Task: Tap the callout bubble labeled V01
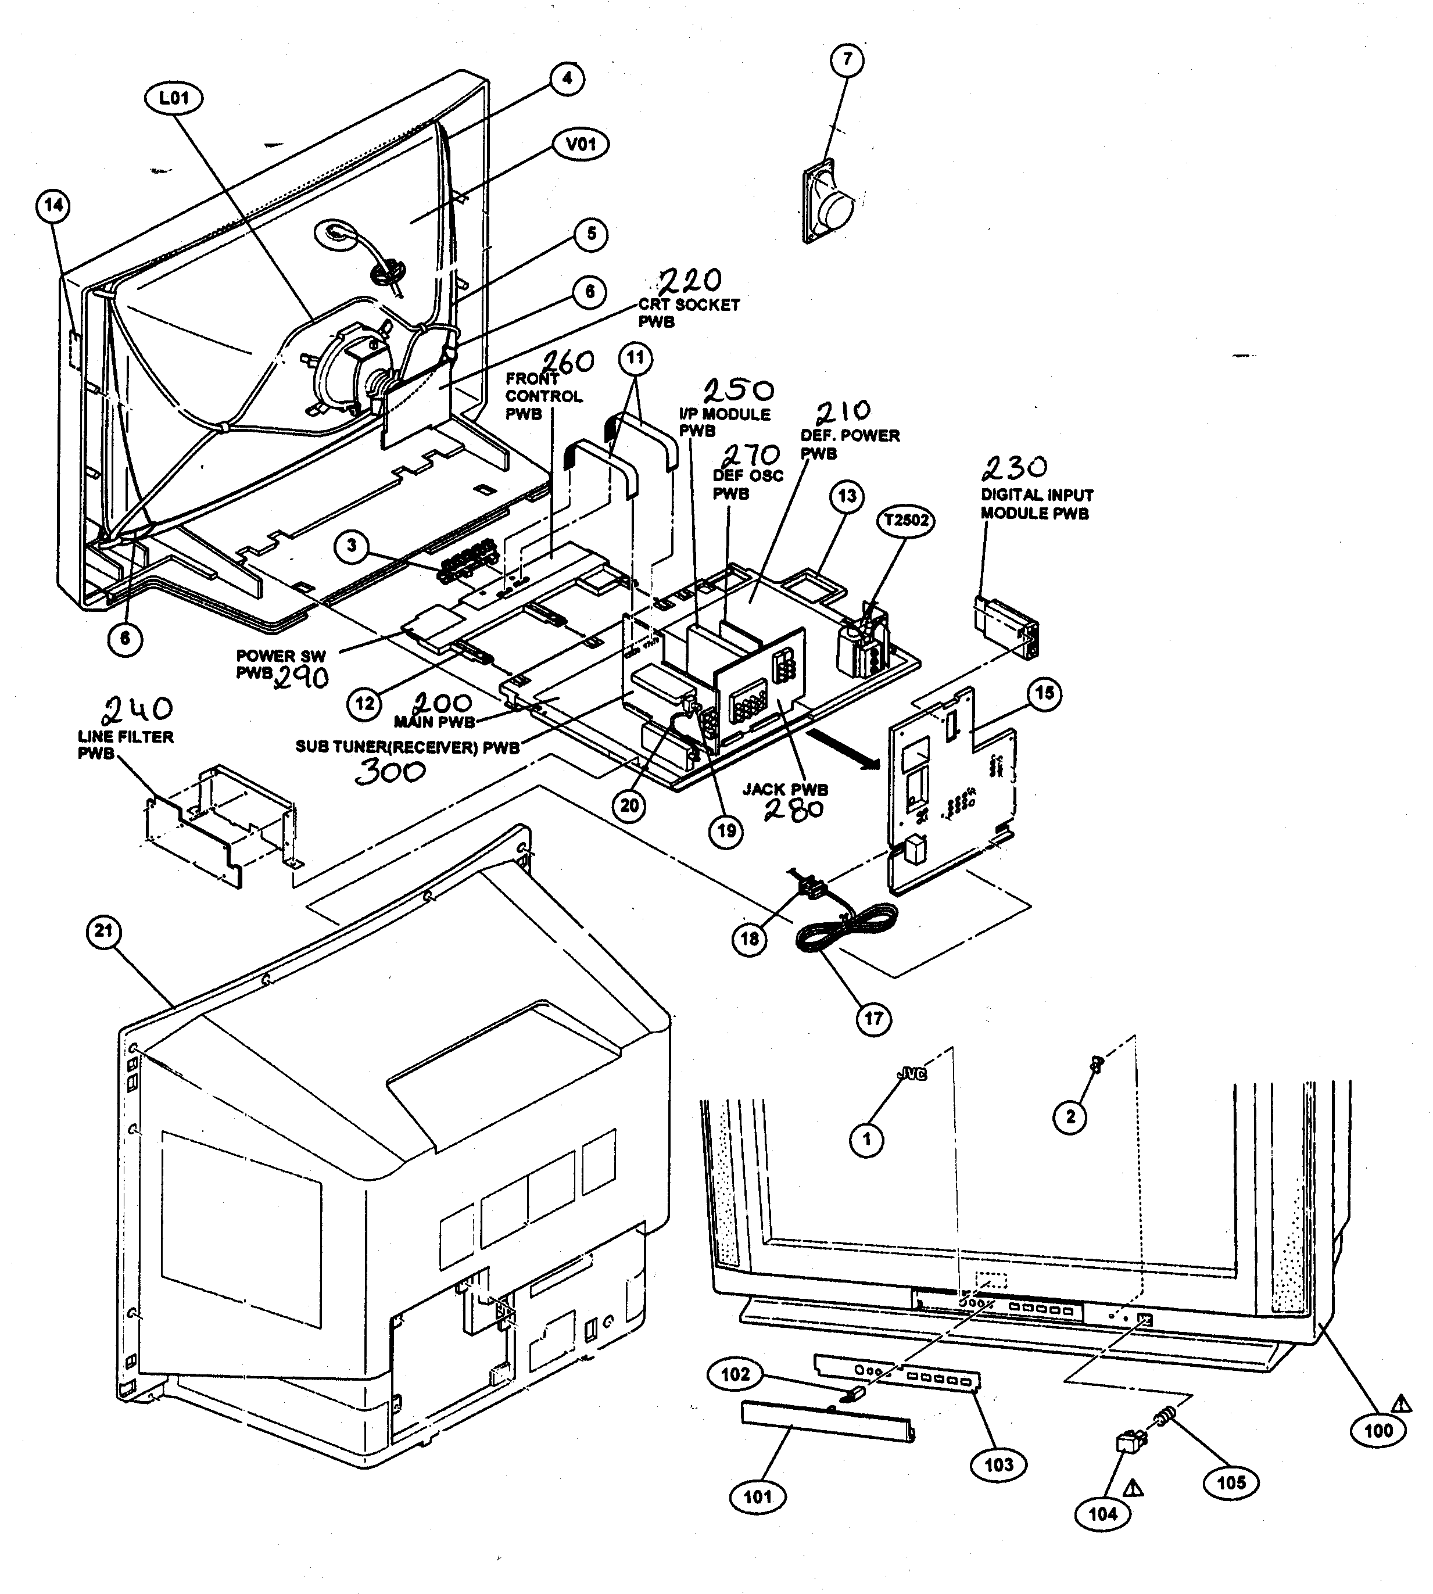click(582, 144)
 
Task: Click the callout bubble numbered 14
click(53, 206)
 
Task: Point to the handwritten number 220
click(689, 280)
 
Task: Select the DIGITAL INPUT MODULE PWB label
click(1036, 504)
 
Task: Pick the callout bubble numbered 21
click(104, 932)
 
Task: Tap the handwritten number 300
click(390, 772)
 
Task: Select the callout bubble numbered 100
click(1378, 1431)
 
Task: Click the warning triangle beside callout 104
click(1133, 1488)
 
